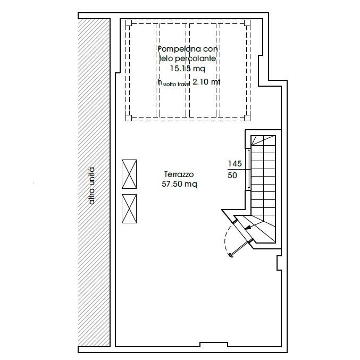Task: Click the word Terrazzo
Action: coord(179,174)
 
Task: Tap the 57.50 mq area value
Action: coord(179,184)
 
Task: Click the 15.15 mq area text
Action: coord(187,69)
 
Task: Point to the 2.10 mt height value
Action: coord(206,82)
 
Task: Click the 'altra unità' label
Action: coord(91,186)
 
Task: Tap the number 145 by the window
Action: coord(235,164)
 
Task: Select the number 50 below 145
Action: coord(232,175)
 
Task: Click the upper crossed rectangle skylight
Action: coord(129,174)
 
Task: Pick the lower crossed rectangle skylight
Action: coord(129,208)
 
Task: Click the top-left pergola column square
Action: coord(129,23)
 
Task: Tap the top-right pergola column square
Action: coord(247,23)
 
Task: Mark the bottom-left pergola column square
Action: coord(129,118)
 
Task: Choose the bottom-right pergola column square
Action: coord(247,118)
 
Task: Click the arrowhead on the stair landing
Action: coord(247,228)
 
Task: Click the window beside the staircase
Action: coord(249,170)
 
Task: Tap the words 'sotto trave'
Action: coord(177,85)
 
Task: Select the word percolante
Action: coord(195,59)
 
